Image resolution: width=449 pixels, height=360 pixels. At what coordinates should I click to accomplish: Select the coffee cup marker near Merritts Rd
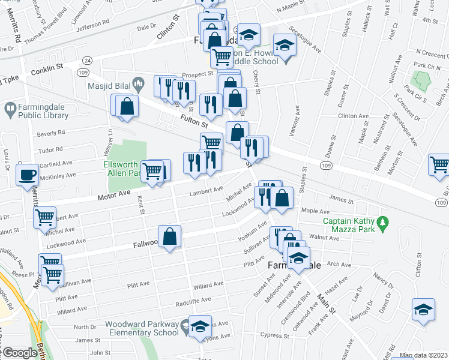pos(28,175)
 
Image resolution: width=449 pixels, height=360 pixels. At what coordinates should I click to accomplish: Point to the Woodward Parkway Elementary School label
pos(142,329)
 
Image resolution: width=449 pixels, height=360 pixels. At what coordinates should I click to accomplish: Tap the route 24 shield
pos(88,61)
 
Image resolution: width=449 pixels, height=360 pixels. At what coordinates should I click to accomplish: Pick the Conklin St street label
pos(52,67)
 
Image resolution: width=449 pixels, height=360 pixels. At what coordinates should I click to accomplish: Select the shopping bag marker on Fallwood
pos(170,236)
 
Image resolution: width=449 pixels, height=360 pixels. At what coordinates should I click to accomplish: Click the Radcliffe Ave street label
pos(193,300)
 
